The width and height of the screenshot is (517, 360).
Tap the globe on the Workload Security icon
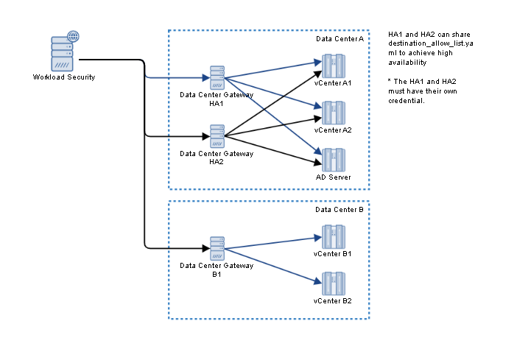tap(73, 35)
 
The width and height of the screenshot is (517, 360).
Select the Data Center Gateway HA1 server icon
tap(217, 77)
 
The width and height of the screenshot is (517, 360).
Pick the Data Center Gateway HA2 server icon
tap(217, 136)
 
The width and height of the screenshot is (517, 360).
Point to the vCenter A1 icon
tap(333, 66)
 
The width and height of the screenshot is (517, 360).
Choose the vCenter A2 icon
tap(333, 113)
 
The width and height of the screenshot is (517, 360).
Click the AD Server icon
tap(333, 160)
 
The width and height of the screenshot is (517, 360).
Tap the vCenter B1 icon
tap(333, 236)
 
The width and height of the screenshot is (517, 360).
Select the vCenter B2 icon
tap(333, 283)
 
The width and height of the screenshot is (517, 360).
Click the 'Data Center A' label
tap(340, 38)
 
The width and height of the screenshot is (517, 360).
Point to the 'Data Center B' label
tap(340, 209)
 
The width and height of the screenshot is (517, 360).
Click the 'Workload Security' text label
tap(64, 77)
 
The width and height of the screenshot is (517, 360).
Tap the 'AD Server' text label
tap(333, 177)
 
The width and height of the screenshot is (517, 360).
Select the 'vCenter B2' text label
tap(333, 301)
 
